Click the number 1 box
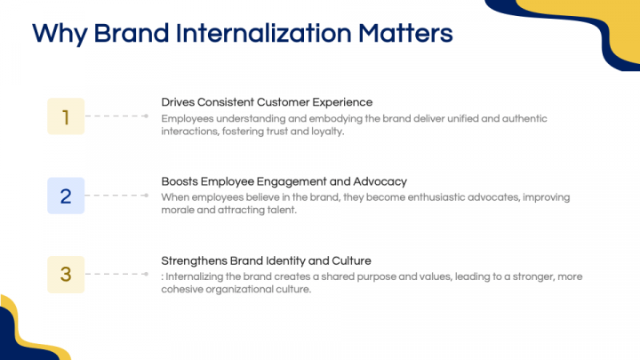pos(66,116)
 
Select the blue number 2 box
pos(66,196)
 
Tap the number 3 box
pos(66,275)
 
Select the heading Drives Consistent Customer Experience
pos(267,102)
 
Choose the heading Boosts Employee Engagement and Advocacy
pos(284,181)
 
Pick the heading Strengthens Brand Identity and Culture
pos(266,260)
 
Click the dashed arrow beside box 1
pos(118,116)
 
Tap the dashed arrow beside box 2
pos(118,196)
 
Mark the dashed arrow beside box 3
pos(118,275)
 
